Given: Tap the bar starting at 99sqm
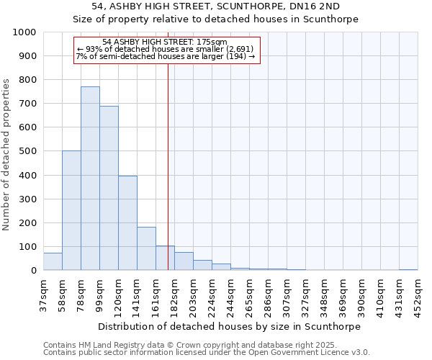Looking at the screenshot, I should point(109,188).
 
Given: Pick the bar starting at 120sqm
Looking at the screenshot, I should point(127,223).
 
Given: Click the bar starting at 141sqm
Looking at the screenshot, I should point(146,248).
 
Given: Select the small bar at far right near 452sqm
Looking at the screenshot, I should point(408,269).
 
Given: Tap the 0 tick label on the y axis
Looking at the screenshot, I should point(33,271).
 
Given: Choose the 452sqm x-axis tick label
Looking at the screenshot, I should point(418,294).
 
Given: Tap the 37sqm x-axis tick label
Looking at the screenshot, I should point(43,294).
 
